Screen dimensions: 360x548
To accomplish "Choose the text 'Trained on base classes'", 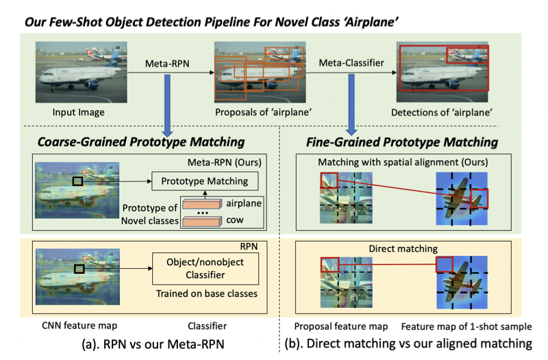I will pyautogui.click(x=204, y=295).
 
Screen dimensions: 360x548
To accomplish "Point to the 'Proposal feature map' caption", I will pyautogui.click(x=340, y=326).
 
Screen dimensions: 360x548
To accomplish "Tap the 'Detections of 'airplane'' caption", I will pyautogui.click(x=442, y=112).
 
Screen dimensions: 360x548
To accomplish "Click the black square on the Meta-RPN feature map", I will pyautogui.click(x=79, y=181).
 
